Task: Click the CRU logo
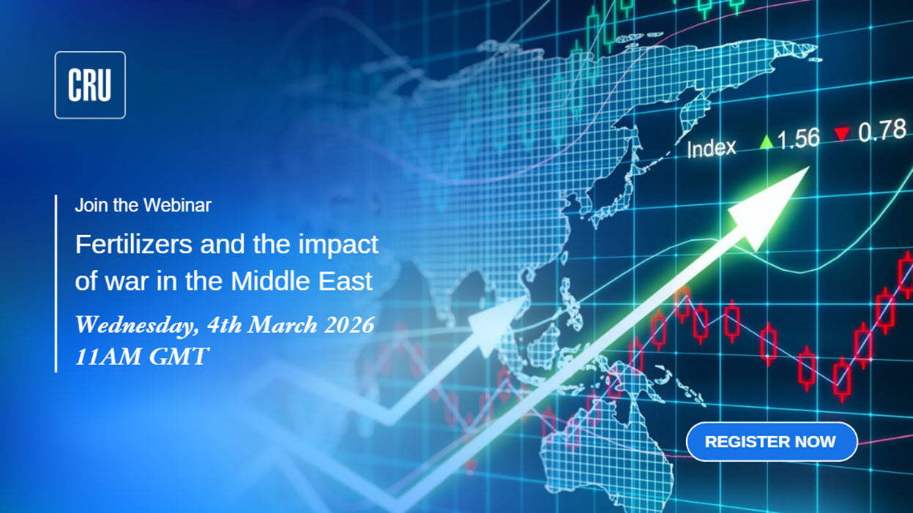(90, 85)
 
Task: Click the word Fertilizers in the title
(134, 244)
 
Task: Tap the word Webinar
(177, 205)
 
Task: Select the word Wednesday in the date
(135, 325)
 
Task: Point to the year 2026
(349, 325)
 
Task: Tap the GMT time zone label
(179, 356)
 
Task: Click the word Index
(711, 149)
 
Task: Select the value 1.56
(798, 138)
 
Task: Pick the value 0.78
(882, 131)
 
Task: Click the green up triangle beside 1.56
(767, 142)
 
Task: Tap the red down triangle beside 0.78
(842, 133)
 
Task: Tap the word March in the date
(283, 325)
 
